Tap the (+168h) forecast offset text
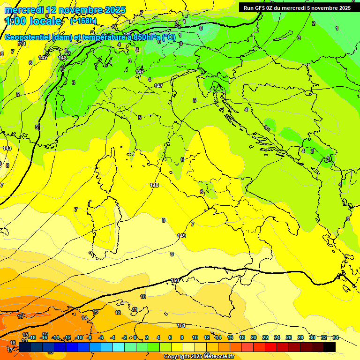[x=83, y=21]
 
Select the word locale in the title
[x=45, y=21]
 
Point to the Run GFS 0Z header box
[x=297, y=7]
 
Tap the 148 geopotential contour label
[x=154, y=185]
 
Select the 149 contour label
[x=181, y=235]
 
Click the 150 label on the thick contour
[x=175, y=280]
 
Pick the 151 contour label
[x=181, y=325]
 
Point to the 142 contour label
[x=43, y=58]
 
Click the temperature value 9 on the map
[x=172, y=254]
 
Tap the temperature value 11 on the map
[x=135, y=309]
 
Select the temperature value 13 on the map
[x=95, y=312]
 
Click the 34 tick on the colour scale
[x=336, y=337]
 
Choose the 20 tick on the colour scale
[x=254, y=337]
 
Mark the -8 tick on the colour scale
[x=89, y=337]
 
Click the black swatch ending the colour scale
[x=330, y=347]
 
